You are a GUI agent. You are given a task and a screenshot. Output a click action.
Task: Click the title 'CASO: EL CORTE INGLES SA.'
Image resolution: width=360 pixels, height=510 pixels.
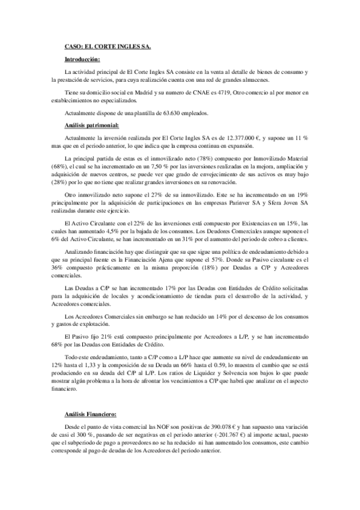(108, 46)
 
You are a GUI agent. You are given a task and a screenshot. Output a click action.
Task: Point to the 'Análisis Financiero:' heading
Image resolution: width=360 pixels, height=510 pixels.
(91, 414)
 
